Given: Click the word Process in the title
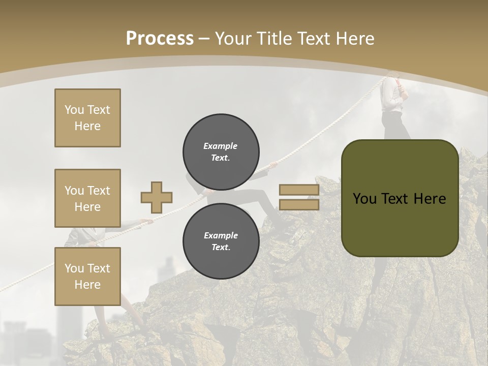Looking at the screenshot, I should (x=160, y=39).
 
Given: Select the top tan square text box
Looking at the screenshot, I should (x=87, y=118).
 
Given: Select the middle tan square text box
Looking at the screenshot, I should (x=87, y=198).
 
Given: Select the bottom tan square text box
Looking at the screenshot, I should (x=87, y=276).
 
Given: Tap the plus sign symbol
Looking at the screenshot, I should (x=156, y=197).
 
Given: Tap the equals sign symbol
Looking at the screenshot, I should (x=299, y=197).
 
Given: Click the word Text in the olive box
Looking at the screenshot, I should (x=399, y=199).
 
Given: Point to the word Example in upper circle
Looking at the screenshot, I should (x=220, y=146).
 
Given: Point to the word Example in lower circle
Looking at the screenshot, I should (x=221, y=235).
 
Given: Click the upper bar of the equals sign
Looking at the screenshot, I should (x=299, y=190).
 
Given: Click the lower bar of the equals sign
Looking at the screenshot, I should (x=299, y=204).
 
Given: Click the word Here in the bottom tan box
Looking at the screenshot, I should (x=87, y=285).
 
